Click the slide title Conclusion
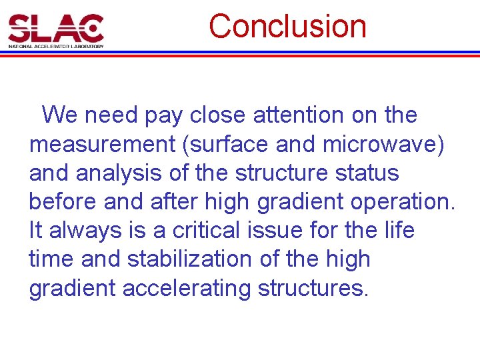click(287, 27)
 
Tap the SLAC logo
click(56, 30)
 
